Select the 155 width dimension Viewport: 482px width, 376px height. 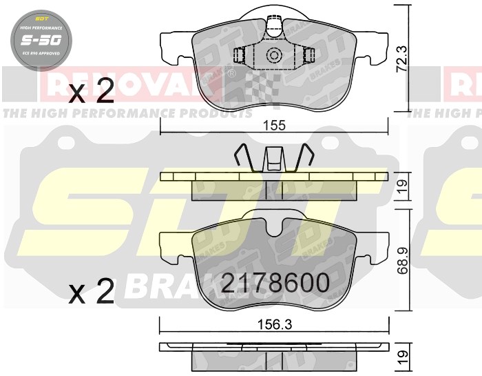tap(275, 126)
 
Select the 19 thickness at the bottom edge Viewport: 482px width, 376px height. tap(404, 357)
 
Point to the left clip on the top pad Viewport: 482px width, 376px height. tap(240, 56)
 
